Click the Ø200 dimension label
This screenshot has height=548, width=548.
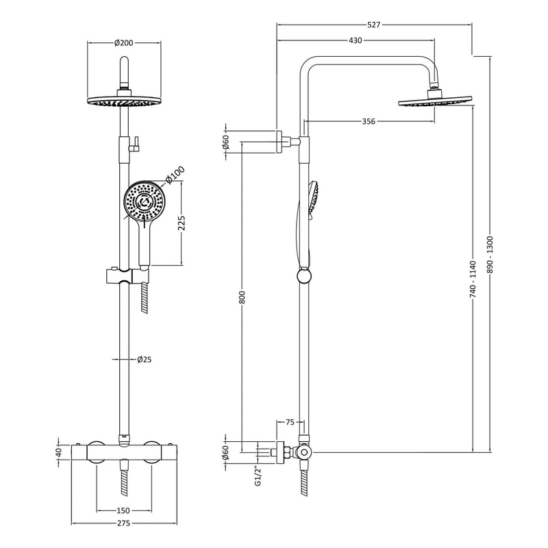click(123, 42)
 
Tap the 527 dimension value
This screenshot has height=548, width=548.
click(373, 25)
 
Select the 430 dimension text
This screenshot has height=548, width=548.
click(355, 40)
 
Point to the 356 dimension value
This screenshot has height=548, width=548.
click(369, 122)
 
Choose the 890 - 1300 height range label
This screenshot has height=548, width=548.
click(490, 256)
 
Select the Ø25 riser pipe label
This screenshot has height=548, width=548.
click(143, 359)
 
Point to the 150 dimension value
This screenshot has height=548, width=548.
click(124, 510)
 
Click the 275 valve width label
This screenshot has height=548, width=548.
click(123, 524)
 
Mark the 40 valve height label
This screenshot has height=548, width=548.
click(60, 452)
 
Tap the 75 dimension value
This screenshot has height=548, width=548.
click(290, 423)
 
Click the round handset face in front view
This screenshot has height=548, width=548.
click(145, 201)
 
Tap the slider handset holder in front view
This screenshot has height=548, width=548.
click(124, 278)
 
